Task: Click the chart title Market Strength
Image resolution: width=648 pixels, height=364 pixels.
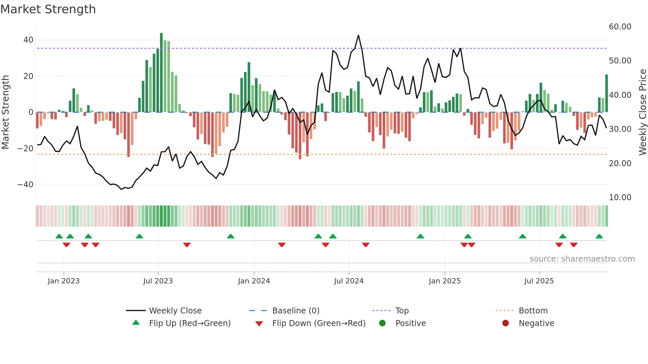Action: click(x=48, y=9)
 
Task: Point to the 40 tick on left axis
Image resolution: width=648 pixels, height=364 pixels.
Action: click(x=28, y=40)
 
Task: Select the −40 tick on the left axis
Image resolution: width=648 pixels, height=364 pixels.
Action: click(x=26, y=185)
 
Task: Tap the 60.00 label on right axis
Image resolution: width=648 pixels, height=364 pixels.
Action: click(x=620, y=27)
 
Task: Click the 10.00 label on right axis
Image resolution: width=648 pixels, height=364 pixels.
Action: click(x=620, y=198)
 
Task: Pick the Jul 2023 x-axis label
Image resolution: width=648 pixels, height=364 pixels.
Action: click(x=158, y=281)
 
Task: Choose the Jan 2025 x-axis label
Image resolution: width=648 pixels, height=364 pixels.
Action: click(x=444, y=281)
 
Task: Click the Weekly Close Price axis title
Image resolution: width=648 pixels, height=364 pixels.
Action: click(x=642, y=112)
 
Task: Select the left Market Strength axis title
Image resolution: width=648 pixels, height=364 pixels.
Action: click(x=6, y=112)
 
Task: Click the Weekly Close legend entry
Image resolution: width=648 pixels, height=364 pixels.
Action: click(x=175, y=311)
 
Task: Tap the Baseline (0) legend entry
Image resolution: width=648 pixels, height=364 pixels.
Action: click(x=296, y=311)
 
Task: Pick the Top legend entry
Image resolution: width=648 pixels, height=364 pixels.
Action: click(x=402, y=311)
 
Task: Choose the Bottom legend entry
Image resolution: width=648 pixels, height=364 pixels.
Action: click(x=533, y=311)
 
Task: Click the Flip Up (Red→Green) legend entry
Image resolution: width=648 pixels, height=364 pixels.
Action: click(x=189, y=323)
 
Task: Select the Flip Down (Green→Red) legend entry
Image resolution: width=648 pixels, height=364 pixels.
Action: click(x=319, y=323)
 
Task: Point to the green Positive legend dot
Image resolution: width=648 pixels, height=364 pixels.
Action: click(x=383, y=323)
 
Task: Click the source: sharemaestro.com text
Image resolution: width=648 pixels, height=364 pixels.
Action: click(x=582, y=259)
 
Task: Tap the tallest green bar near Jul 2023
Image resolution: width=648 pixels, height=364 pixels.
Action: click(x=161, y=73)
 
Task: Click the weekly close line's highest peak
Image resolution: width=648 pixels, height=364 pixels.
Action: click(x=358, y=35)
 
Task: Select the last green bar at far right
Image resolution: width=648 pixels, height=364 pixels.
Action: click(x=607, y=93)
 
